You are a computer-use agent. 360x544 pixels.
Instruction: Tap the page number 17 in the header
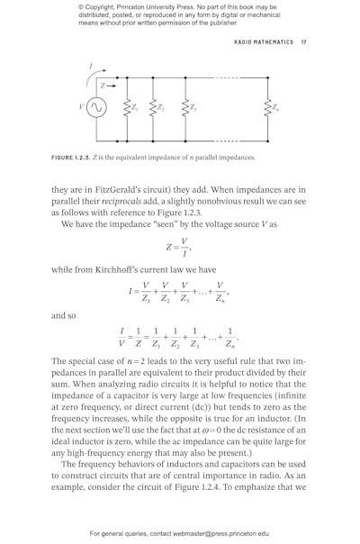click(x=304, y=41)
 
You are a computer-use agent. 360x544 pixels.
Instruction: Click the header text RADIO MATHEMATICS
click(x=264, y=41)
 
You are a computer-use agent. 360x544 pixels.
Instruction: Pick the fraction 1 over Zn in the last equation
click(x=230, y=336)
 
